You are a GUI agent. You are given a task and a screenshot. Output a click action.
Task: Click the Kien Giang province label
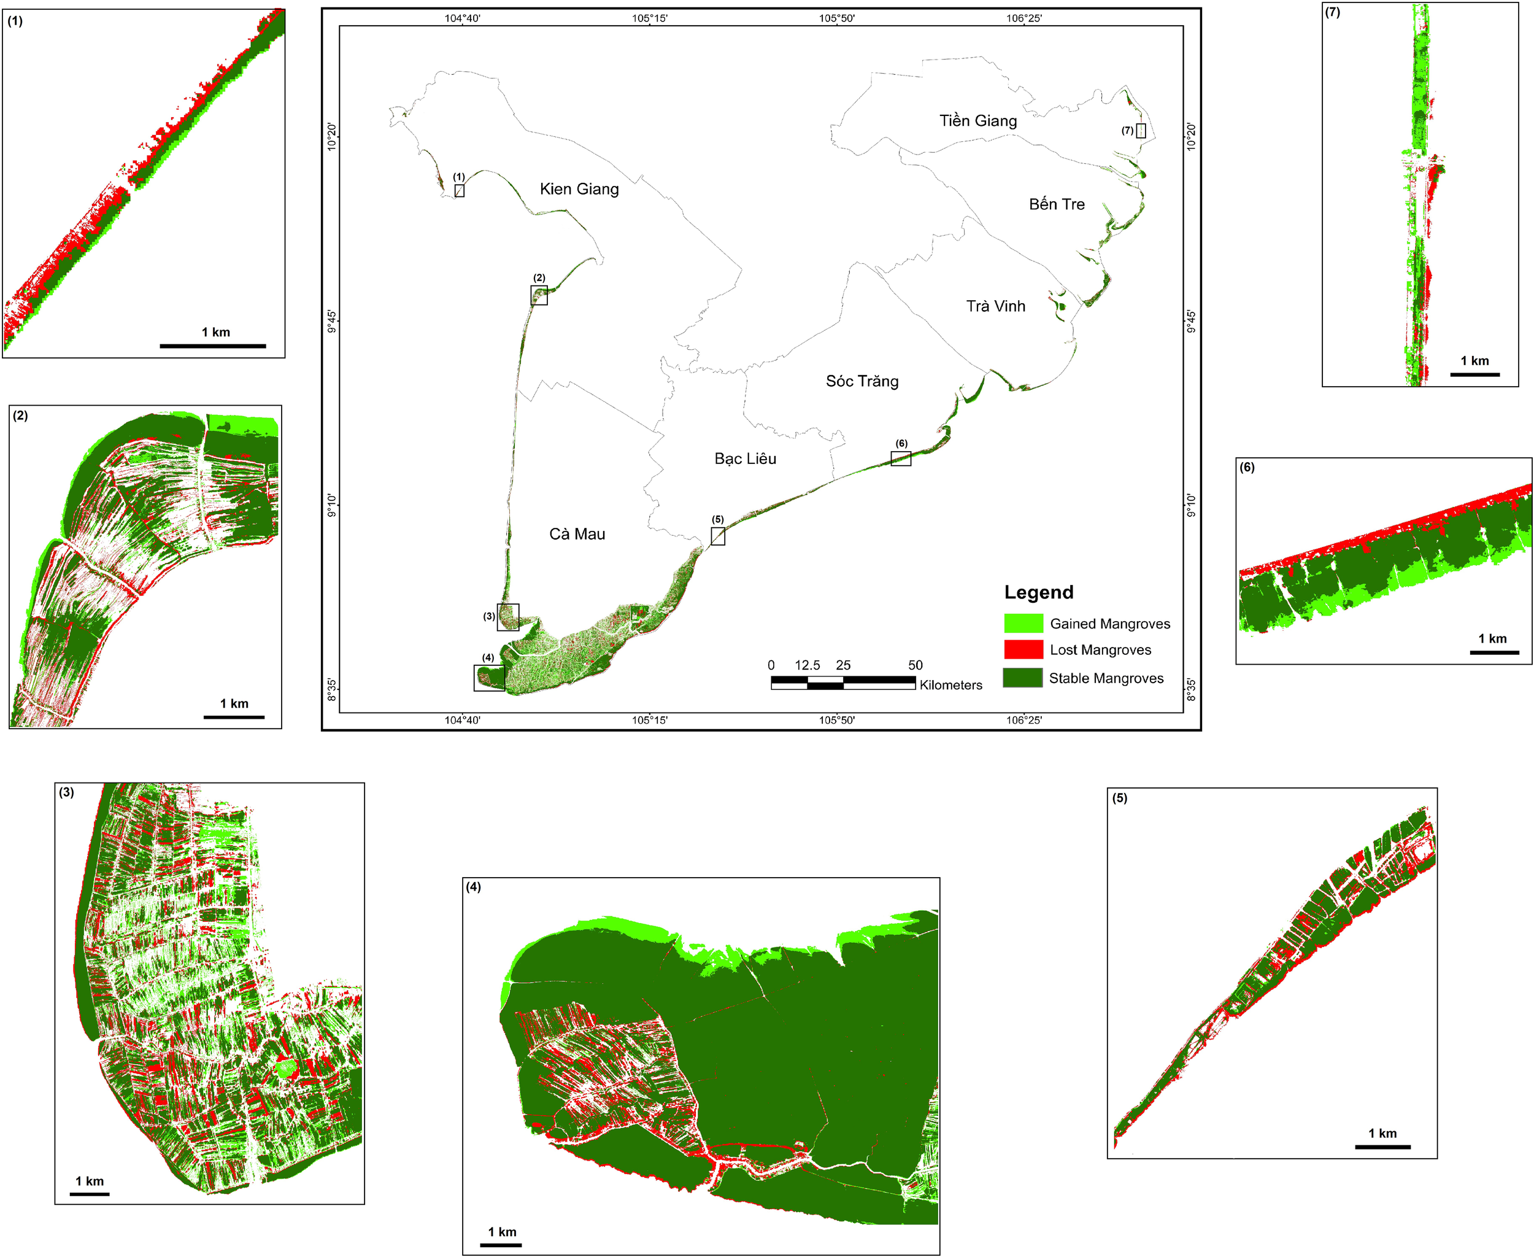(x=579, y=189)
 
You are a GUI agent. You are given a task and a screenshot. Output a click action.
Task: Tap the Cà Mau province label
(x=577, y=535)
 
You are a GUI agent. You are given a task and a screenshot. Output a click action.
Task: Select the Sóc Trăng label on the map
(x=862, y=382)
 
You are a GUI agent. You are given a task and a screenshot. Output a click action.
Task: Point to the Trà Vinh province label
(x=995, y=306)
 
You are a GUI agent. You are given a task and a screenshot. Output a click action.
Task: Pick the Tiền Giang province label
(x=978, y=121)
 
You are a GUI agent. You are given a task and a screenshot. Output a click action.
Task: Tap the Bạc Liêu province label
(x=745, y=458)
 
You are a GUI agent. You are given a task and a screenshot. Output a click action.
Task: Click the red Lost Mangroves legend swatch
(x=1023, y=649)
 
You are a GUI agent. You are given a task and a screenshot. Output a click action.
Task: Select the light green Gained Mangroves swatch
(x=1023, y=623)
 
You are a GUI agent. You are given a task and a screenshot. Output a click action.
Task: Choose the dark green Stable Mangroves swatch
(x=1023, y=677)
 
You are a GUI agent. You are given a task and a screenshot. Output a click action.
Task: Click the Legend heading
(x=1038, y=592)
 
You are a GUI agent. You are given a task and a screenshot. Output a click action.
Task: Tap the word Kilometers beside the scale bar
(x=950, y=685)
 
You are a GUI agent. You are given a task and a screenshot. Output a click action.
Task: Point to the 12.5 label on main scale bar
(x=807, y=665)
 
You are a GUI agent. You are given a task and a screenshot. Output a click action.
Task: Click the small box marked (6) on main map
(x=901, y=458)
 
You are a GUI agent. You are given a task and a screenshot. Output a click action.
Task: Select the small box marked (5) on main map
(x=717, y=536)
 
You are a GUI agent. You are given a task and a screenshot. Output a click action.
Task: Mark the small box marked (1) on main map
(x=459, y=190)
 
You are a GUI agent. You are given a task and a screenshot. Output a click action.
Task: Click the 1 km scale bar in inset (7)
(x=1474, y=374)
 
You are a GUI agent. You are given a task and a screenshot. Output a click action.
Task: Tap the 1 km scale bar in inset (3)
(x=90, y=1193)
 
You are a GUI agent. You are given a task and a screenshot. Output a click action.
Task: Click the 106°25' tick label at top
(x=1023, y=18)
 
